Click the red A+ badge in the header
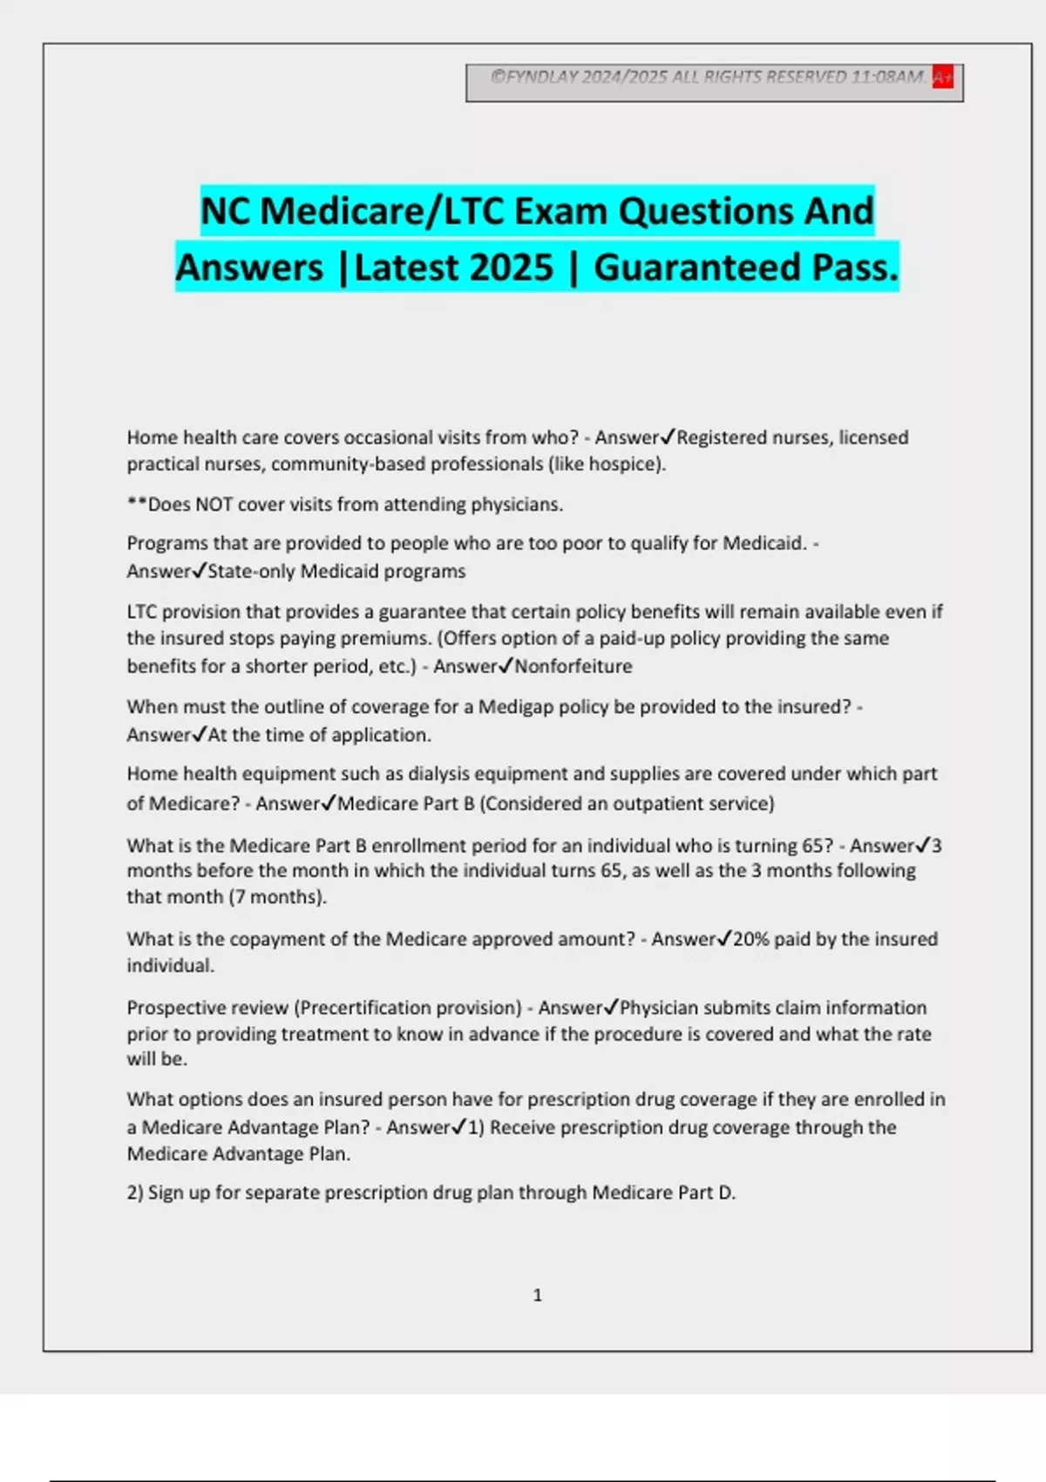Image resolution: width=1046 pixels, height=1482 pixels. click(942, 78)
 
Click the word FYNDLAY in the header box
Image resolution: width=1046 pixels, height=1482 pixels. click(542, 77)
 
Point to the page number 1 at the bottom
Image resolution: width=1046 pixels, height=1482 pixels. click(537, 1295)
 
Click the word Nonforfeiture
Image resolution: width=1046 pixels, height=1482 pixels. click(574, 667)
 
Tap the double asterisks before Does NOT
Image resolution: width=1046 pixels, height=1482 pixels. click(137, 504)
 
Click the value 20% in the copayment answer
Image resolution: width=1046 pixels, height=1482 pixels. click(751, 939)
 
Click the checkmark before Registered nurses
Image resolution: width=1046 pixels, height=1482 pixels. click(668, 437)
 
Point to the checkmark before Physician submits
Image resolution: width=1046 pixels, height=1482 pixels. click(611, 1007)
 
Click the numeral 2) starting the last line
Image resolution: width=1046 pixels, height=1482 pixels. click(135, 1193)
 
